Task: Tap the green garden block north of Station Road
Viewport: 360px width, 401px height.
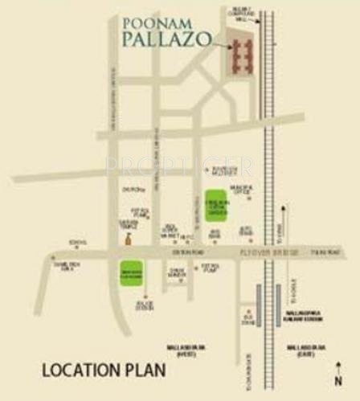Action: click(215, 200)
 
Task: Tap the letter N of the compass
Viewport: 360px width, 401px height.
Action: click(338, 380)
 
